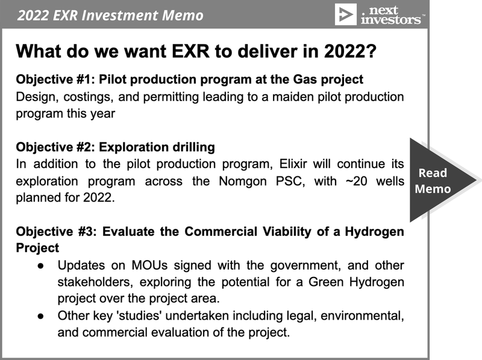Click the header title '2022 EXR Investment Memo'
[x=110, y=15]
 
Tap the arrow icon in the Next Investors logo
[x=345, y=14]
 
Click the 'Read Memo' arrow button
[x=443, y=181]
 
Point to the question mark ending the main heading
[x=371, y=51]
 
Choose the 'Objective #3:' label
[x=56, y=231]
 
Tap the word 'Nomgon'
[x=243, y=181]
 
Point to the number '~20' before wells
[x=356, y=181]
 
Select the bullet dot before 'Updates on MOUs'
[x=40, y=266]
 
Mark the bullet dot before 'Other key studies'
[x=40, y=316]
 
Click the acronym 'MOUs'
[x=149, y=265]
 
